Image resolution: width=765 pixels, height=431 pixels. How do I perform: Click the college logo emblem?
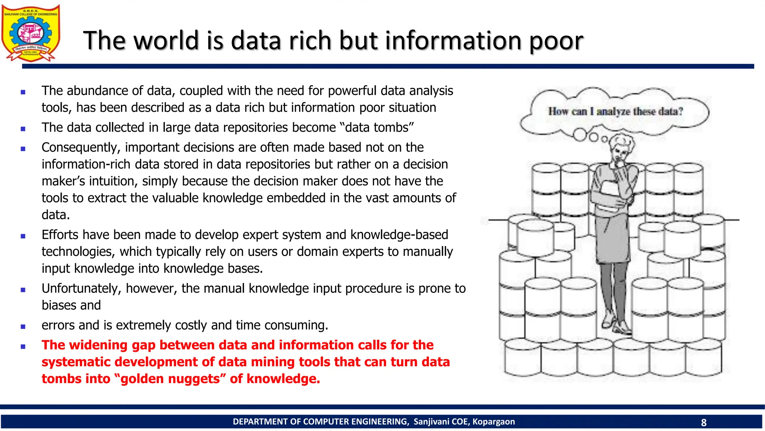pyautogui.click(x=31, y=33)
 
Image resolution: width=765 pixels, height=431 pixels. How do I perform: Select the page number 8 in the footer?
pyautogui.click(x=704, y=422)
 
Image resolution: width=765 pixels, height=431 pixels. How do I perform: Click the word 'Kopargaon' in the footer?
pyautogui.click(x=493, y=422)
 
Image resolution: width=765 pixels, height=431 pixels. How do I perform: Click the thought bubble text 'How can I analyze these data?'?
pyautogui.click(x=615, y=111)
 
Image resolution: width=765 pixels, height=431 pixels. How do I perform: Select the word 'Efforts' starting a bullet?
pyautogui.click(x=60, y=235)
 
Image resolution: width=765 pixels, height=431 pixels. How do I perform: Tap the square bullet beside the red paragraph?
pyautogui.click(x=23, y=346)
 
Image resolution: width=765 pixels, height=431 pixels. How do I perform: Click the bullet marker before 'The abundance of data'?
pyautogui.click(x=23, y=92)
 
